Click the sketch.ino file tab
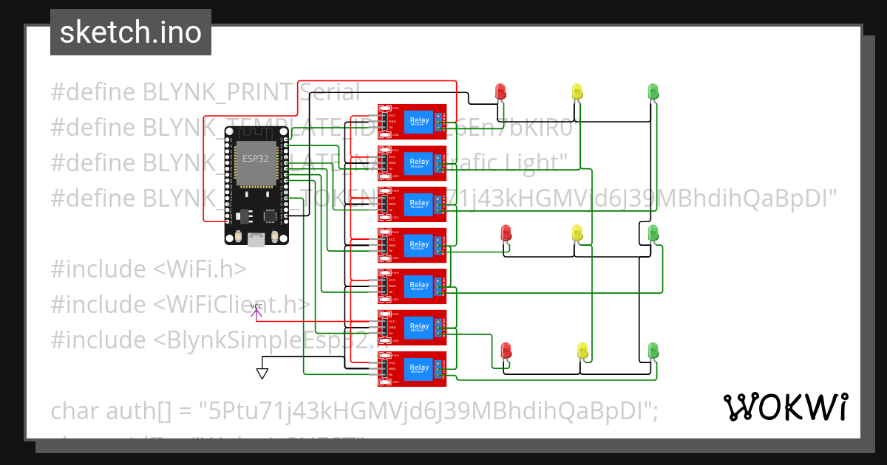(x=131, y=32)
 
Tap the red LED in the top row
(x=500, y=92)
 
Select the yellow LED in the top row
(x=577, y=92)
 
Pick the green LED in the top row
(x=653, y=92)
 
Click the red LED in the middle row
(x=506, y=233)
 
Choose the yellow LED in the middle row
(x=577, y=233)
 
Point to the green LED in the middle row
(x=653, y=233)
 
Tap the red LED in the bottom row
(x=506, y=350)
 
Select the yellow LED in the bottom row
(x=582, y=350)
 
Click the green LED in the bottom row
(x=653, y=350)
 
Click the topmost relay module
(x=412, y=121)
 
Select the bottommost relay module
(x=412, y=368)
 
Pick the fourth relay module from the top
(x=412, y=244)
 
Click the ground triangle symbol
(x=262, y=373)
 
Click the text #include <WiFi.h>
(x=148, y=269)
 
